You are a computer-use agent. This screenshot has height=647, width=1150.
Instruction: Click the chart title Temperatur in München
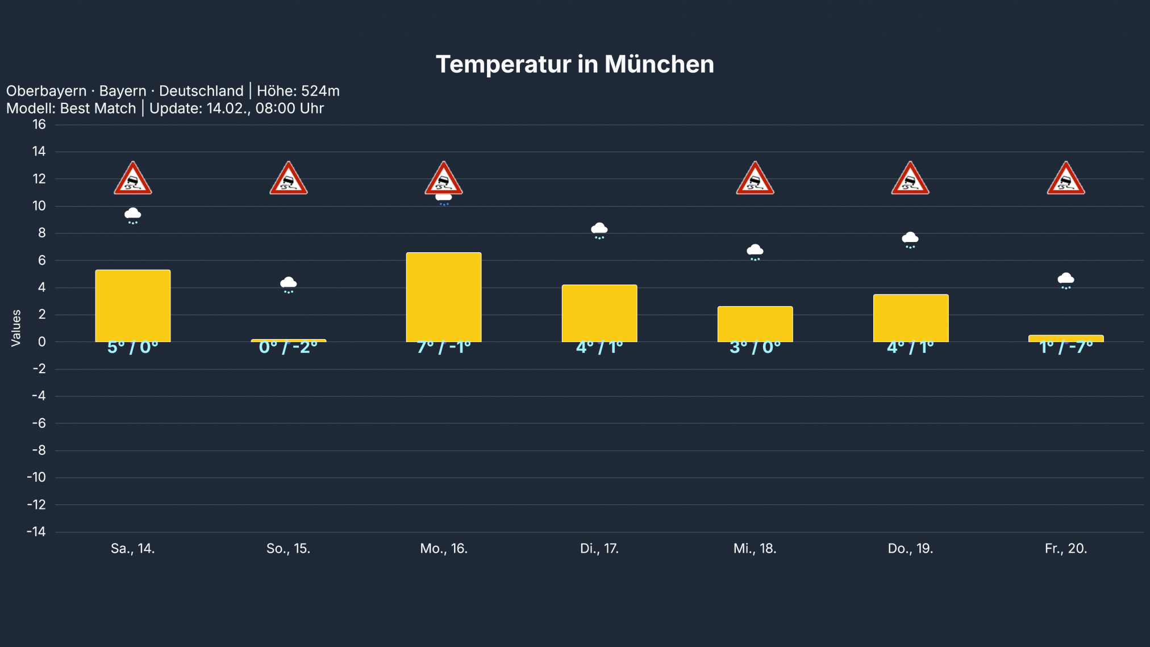tap(574, 64)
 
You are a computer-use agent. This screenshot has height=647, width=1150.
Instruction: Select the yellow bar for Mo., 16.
tap(444, 297)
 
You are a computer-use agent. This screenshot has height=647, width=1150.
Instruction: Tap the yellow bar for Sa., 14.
tap(133, 306)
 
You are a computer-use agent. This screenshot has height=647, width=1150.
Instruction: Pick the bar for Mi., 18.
tap(755, 324)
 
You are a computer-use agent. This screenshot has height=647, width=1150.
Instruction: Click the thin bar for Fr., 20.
tap(1066, 339)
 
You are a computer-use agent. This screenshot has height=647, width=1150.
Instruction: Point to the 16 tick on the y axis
tap(39, 124)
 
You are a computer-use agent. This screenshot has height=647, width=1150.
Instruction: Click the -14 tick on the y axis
tap(36, 532)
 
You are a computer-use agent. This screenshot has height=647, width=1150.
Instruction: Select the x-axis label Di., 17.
tap(599, 549)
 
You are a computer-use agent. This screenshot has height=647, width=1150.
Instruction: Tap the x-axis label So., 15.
tap(288, 549)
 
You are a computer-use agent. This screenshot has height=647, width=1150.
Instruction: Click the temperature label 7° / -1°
tap(444, 347)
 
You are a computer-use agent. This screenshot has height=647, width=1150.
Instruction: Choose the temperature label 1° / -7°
tap(1066, 347)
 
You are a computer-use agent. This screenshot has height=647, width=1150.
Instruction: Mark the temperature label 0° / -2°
tap(288, 347)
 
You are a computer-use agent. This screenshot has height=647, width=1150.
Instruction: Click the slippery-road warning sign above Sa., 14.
tap(133, 180)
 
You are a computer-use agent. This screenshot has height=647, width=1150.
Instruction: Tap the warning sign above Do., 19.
tap(910, 180)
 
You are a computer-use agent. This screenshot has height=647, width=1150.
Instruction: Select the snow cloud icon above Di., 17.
tap(599, 230)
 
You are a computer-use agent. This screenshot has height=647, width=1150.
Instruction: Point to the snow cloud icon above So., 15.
tap(288, 284)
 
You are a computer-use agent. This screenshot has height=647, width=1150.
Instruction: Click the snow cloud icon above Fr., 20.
tap(1066, 280)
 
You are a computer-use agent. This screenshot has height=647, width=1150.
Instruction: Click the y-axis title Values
tap(16, 328)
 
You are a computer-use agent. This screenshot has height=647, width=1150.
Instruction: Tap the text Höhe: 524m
tap(298, 91)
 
